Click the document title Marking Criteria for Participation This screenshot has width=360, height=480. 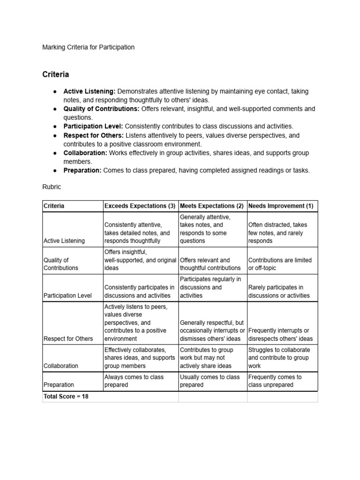coord(89,47)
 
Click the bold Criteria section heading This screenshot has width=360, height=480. coord(56,74)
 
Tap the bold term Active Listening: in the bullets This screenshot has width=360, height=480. coord(90,91)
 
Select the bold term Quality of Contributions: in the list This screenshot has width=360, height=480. coord(101,109)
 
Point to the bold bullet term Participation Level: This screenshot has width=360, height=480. coord(93,127)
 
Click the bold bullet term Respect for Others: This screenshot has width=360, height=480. coord(93,135)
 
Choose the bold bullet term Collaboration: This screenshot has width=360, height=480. coord(85,153)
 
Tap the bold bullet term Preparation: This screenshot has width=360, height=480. coord(82,171)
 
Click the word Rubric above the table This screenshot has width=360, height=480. coord(52,187)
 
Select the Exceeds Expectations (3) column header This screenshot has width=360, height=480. coord(140,206)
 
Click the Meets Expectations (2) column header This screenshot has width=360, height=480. coord(212,206)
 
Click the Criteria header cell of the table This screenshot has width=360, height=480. coord(54,206)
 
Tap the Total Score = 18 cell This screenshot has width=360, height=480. coord(66,397)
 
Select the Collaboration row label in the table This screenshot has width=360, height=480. coord(60,366)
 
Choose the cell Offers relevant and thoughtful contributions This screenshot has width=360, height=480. coord(210,264)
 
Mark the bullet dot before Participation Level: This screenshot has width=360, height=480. coord(55,127)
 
